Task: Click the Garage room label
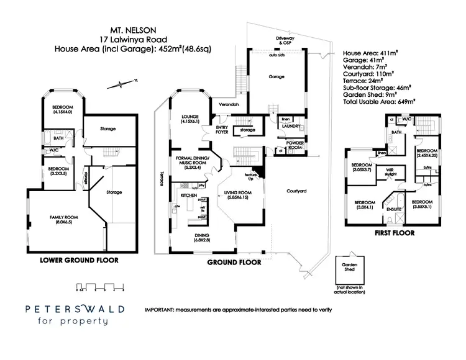[276, 76]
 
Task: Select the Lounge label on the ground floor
[190, 118]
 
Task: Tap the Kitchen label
[189, 185]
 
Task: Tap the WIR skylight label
[390, 171]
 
